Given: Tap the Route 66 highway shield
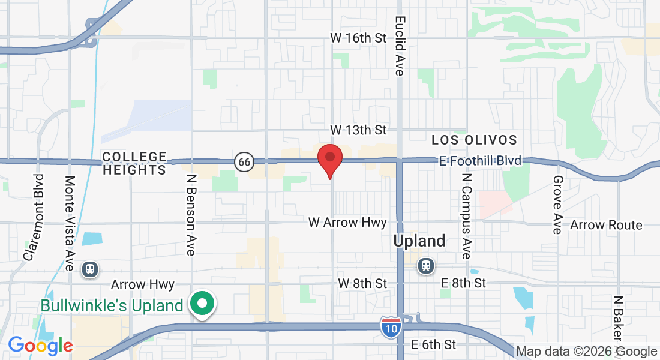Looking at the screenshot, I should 244,161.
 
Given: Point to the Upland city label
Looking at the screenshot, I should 419,241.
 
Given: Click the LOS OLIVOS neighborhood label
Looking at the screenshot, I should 474,140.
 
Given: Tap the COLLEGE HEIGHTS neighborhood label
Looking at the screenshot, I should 134,163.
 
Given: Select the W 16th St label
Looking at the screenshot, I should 358,38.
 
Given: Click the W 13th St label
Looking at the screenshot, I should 358,130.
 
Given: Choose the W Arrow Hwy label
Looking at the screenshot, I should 347,223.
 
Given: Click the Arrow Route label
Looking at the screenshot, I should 606,225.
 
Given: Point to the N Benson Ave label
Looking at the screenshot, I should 191,215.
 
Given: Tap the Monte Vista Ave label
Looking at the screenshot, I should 70,223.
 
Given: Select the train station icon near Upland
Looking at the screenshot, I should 426,265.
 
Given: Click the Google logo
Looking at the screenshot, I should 40,346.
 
